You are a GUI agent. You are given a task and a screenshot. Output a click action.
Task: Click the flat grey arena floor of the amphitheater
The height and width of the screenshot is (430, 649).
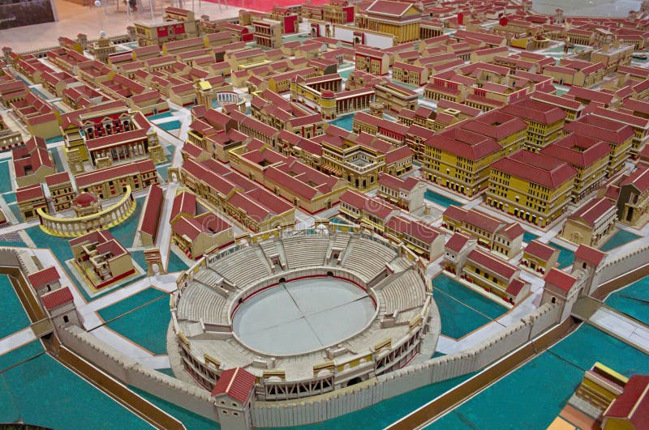tap(304, 316)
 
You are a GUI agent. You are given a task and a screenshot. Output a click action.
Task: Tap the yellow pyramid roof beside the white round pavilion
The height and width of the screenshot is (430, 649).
tap(205, 86)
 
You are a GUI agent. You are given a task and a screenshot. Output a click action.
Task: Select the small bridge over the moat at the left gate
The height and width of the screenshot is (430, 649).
tap(11, 239)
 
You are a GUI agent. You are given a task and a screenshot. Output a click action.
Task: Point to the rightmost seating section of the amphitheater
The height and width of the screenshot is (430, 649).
tap(402, 292)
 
